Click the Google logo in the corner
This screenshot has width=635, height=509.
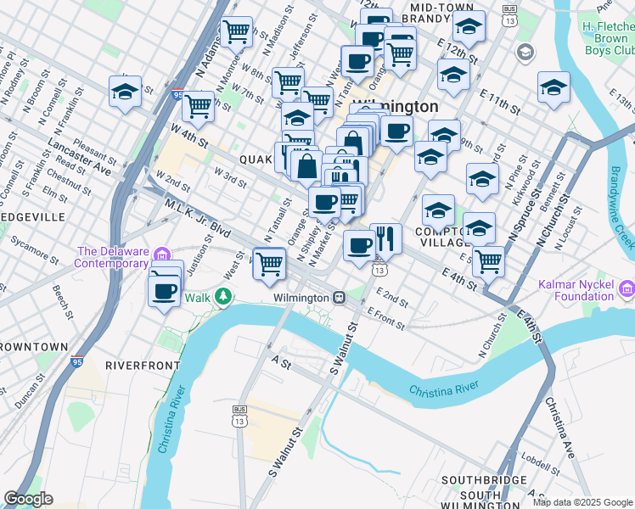(28, 499)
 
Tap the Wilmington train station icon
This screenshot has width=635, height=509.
(338, 298)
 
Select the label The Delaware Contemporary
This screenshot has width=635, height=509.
(114, 257)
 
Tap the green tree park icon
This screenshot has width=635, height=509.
(223, 296)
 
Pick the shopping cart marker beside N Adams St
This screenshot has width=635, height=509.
(236, 32)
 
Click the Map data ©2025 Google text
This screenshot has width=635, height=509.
(582, 501)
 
